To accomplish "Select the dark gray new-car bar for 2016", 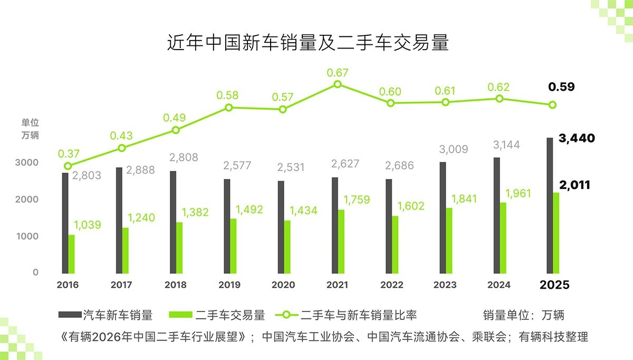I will coord(65,222).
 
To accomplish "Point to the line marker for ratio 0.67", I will coord(338,84).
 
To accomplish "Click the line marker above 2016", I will coord(68,166).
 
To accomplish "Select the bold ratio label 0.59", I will coord(561,87).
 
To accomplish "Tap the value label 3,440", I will coord(577,139).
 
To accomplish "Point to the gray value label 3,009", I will coord(453,149).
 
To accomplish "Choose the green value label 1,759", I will coord(357,200).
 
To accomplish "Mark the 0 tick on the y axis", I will coord(35,272).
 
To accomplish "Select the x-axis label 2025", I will coord(554,285).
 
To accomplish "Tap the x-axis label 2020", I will coord(283,285).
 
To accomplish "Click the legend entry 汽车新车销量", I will coord(105,316).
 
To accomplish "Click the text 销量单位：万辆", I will coord(523,316).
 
